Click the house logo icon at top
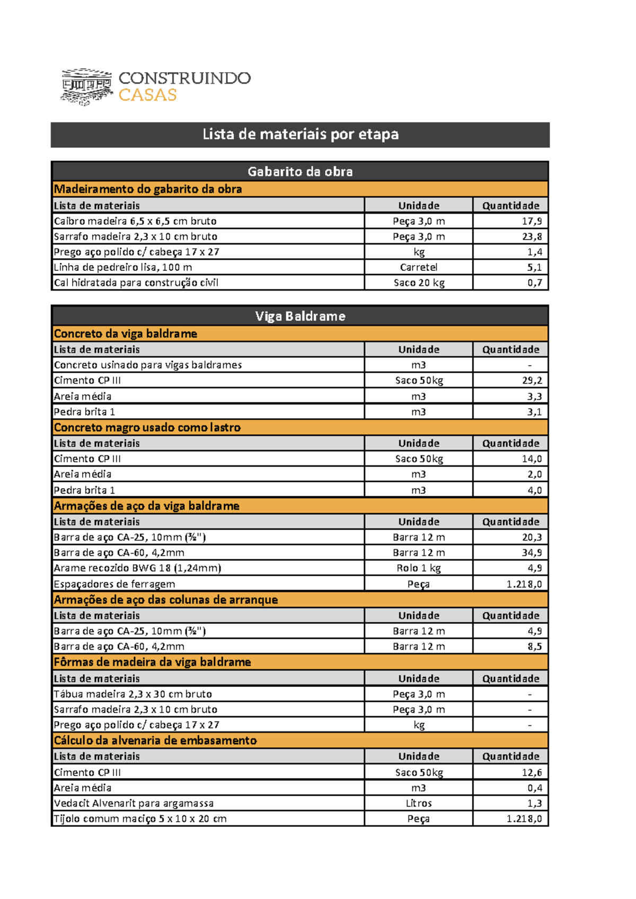pos(86,86)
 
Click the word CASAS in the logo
pos(147,95)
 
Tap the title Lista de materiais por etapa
pos(300,135)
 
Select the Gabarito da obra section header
pos(300,172)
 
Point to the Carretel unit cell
pos(419,267)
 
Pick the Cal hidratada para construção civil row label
pos(136,283)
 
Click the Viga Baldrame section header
pos(300,316)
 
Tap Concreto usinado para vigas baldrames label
pos(148,365)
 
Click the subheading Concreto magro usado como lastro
pos(147,428)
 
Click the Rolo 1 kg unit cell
pos(419,568)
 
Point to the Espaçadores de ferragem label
pos(114,584)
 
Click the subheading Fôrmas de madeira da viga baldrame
pos(152,662)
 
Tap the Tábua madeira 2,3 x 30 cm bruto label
pos(133,694)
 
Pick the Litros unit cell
pos(419,804)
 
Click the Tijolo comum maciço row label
pos(140,819)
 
